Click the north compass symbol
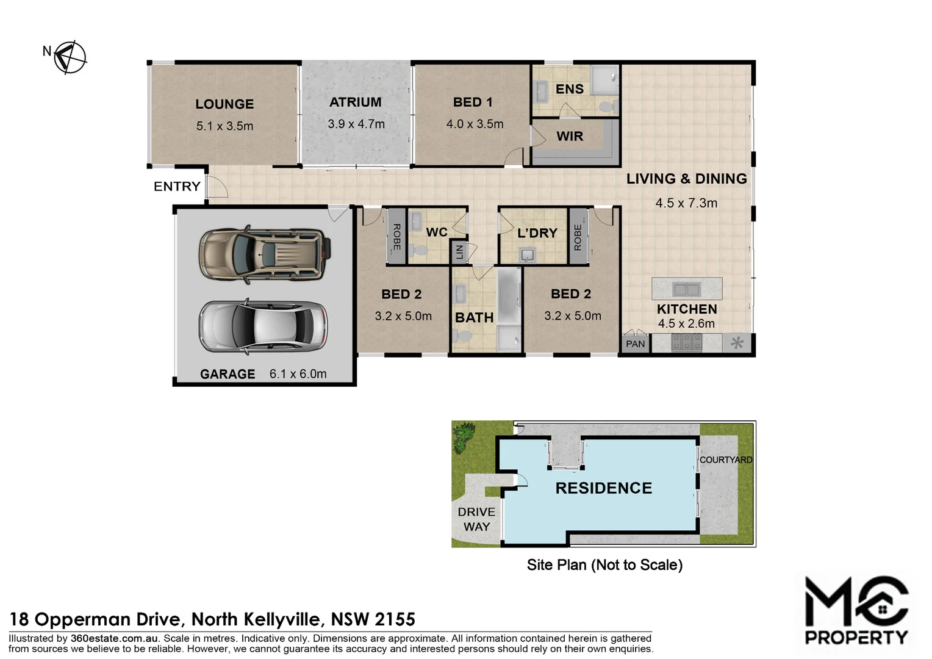point(69,57)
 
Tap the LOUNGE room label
point(224,104)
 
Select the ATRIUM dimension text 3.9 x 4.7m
point(356,124)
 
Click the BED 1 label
point(473,103)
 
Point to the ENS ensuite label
point(569,89)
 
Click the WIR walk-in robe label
point(570,137)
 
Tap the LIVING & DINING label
point(686,179)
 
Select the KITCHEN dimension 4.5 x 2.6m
point(686,324)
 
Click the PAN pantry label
point(635,344)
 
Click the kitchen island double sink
point(686,289)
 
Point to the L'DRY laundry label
point(537,233)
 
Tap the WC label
point(437,232)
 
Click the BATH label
point(474,318)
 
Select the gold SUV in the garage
point(264,254)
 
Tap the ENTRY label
point(177,187)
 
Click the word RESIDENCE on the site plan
point(603,488)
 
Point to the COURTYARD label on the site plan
point(725,460)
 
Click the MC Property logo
point(856,610)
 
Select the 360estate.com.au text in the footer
point(115,639)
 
